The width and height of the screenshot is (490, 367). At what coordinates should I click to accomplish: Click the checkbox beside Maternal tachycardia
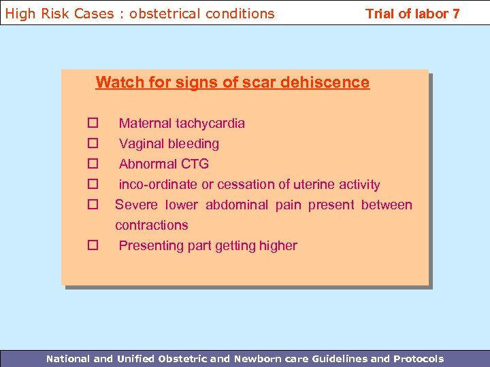tap(93, 123)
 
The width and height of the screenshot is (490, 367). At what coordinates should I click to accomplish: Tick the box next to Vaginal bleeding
tap(93, 143)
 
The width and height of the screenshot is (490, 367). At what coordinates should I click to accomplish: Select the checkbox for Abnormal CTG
tap(93, 164)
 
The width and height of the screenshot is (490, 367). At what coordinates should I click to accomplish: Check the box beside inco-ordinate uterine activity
tap(93, 184)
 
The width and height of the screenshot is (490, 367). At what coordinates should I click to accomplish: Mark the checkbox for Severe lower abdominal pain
tap(93, 205)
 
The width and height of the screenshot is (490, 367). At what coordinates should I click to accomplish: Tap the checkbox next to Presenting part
tap(93, 245)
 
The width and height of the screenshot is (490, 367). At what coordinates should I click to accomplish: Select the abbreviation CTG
tap(196, 164)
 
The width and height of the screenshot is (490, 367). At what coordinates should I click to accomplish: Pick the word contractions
tap(151, 225)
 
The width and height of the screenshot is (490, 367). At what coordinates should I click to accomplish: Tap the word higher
tap(276, 245)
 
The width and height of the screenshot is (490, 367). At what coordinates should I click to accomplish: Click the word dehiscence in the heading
tap(329, 82)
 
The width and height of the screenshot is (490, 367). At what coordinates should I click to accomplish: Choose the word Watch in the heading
tap(116, 82)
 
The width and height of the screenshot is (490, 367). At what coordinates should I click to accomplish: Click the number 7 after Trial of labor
tap(455, 14)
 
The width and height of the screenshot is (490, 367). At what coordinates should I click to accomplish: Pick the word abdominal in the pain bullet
tap(238, 205)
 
